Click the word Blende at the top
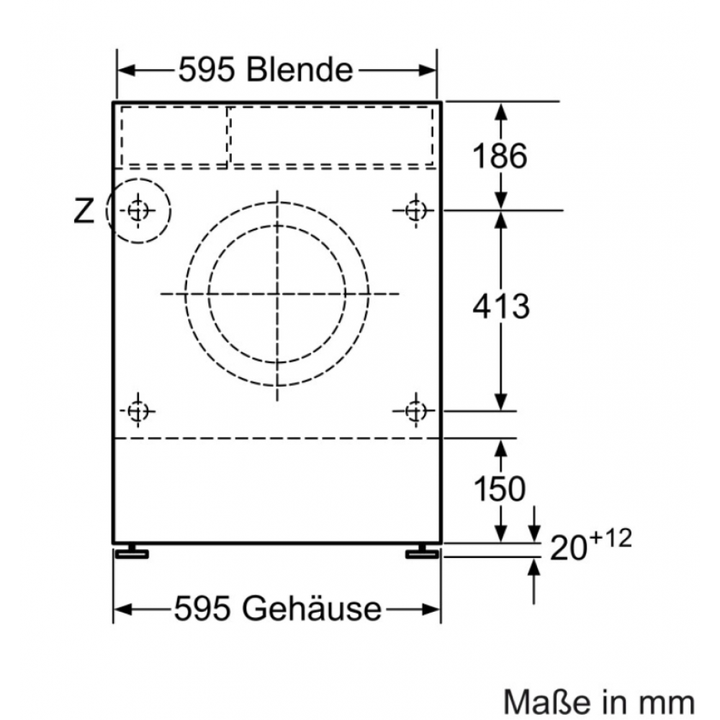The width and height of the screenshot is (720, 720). (x=300, y=70)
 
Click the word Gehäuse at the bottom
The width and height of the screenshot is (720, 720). (x=312, y=608)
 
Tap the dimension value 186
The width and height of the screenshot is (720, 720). (x=500, y=156)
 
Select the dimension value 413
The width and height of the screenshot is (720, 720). (x=501, y=306)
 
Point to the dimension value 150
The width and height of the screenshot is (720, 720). (x=499, y=489)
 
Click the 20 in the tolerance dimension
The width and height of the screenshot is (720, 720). (x=569, y=548)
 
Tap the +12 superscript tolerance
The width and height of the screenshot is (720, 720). (x=611, y=538)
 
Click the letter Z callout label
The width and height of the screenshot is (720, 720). (x=84, y=211)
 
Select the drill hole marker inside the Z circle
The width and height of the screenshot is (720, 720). (x=138, y=211)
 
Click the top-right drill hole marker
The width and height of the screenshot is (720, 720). (x=416, y=211)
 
